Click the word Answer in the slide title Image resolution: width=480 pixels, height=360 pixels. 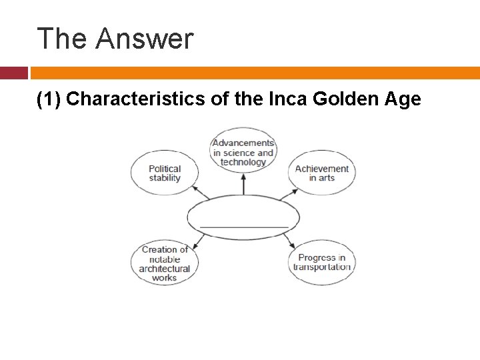[x=144, y=39]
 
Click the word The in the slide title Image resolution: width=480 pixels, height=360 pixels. [x=62, y=39]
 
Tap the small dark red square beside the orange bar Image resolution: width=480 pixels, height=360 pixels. [x=13, y=73]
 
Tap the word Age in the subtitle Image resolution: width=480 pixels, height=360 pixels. [x=403, y=99]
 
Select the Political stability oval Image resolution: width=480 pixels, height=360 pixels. [x=164, y=173]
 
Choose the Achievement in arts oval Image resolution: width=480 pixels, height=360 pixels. [x=322, y=173]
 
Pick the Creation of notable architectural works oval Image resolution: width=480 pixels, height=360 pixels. [x=164, y=264]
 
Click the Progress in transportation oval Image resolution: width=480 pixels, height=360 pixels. [x=322, y=263]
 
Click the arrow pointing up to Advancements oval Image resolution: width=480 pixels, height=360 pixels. [x=243, y=184]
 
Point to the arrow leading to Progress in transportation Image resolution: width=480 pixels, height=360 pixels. [x=287, y=241]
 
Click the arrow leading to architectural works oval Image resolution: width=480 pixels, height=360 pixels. [x=199, y=241]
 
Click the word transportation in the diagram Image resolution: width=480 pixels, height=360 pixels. [x=322, y=267]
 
